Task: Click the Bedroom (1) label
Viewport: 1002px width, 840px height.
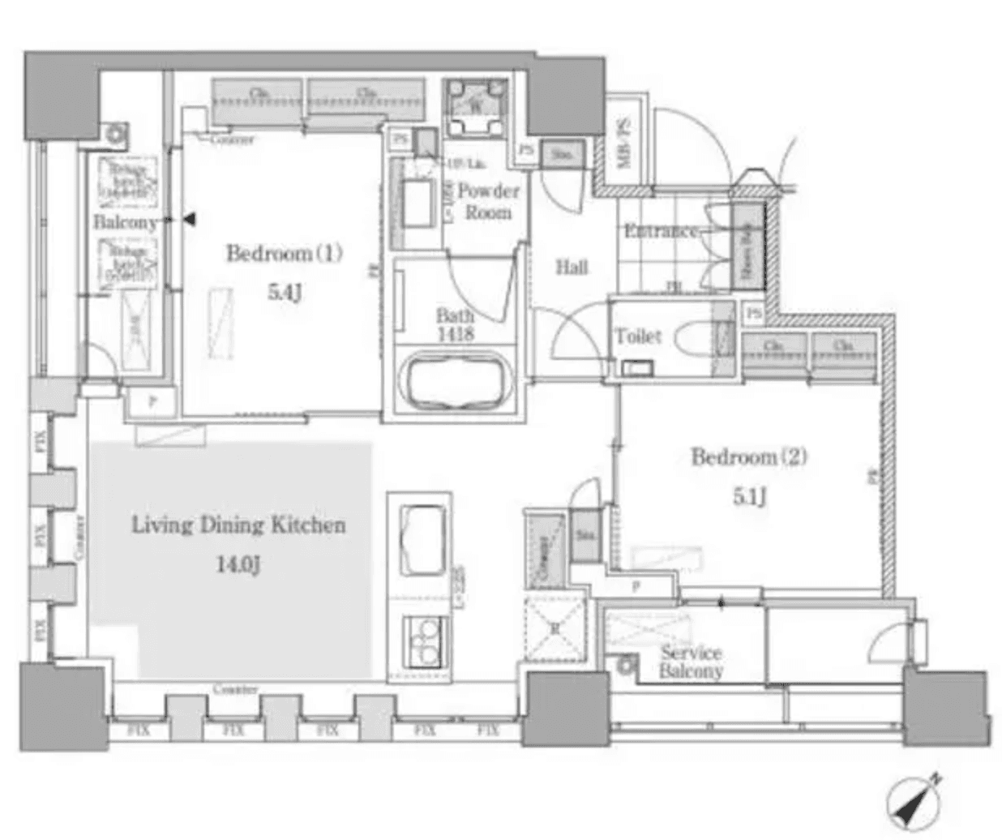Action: pos(284,254)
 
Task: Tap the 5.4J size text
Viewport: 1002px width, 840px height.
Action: pos(285,292)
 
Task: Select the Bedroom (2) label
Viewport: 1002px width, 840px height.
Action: pos(748,457)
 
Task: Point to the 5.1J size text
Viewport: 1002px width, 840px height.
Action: pos(750,496)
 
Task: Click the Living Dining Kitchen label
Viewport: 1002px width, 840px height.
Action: pos(238,525)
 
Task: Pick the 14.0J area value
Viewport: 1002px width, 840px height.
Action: pos(238,564)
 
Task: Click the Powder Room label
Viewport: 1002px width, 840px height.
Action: pos(488,202)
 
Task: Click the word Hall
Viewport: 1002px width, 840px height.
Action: pos(572,267)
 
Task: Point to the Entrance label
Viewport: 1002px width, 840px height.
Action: pos(661,231)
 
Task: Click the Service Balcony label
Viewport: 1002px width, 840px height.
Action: pos(690,662)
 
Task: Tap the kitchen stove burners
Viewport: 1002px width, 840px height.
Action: pos(422,641)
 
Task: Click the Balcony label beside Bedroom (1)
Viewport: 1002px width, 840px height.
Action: pos(124,222)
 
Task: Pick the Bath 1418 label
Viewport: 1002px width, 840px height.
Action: pos(454,324)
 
